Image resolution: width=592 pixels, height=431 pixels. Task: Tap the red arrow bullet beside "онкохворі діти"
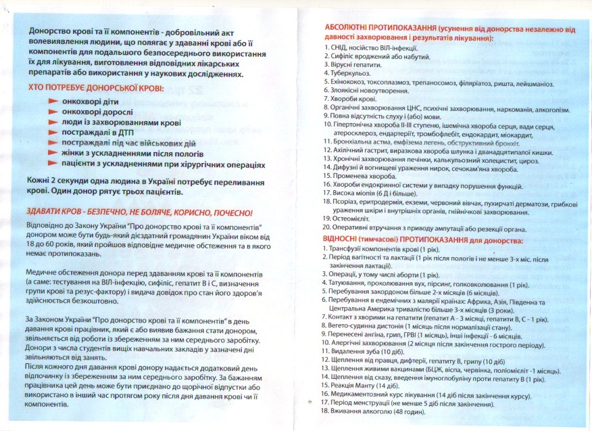pos(54,101)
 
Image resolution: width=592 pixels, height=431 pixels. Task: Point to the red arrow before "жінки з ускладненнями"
pos(54,154)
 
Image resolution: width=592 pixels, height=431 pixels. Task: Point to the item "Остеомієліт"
pos(351,219)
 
